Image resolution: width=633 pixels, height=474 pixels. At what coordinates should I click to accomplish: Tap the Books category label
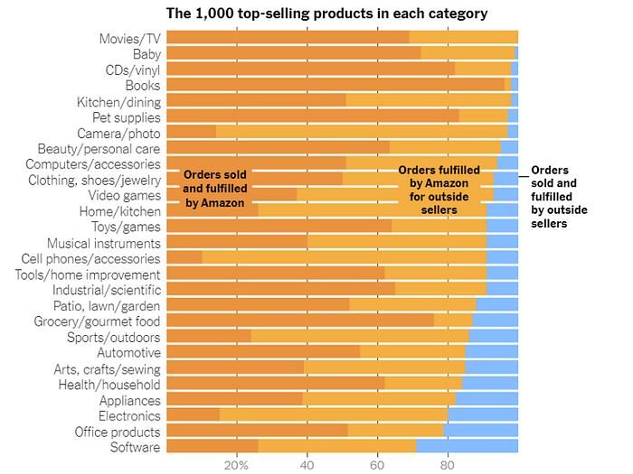[143, 85]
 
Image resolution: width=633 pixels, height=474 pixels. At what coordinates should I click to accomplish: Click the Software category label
[135, 447]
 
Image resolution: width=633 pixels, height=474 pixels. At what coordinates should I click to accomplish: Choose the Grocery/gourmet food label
[97, 321]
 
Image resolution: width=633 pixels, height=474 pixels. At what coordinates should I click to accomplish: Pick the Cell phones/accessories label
[90, 258]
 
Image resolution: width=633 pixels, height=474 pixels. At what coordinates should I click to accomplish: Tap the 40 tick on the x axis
[307, 466]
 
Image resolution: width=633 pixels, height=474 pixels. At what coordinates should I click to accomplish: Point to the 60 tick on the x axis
[377, 466]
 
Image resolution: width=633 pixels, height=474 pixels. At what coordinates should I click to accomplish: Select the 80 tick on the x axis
[447, 466]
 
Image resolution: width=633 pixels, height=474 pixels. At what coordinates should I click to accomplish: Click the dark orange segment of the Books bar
[335, 85]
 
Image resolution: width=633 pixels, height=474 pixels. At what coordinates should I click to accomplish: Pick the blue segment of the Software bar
[467, 447]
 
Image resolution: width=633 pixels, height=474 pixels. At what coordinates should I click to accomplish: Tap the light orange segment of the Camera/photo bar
[362, 132]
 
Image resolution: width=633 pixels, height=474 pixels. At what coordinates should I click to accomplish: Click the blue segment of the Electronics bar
[483, 415]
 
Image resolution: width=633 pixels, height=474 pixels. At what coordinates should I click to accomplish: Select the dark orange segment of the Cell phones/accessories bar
[184, 258]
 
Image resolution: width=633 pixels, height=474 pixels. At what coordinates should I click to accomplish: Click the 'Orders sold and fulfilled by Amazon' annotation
[215, 189]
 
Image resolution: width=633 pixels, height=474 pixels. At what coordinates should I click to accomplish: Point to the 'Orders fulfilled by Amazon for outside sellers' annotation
[439, 189]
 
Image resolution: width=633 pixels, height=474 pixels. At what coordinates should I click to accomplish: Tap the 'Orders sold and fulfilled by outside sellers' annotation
[559, 196]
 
